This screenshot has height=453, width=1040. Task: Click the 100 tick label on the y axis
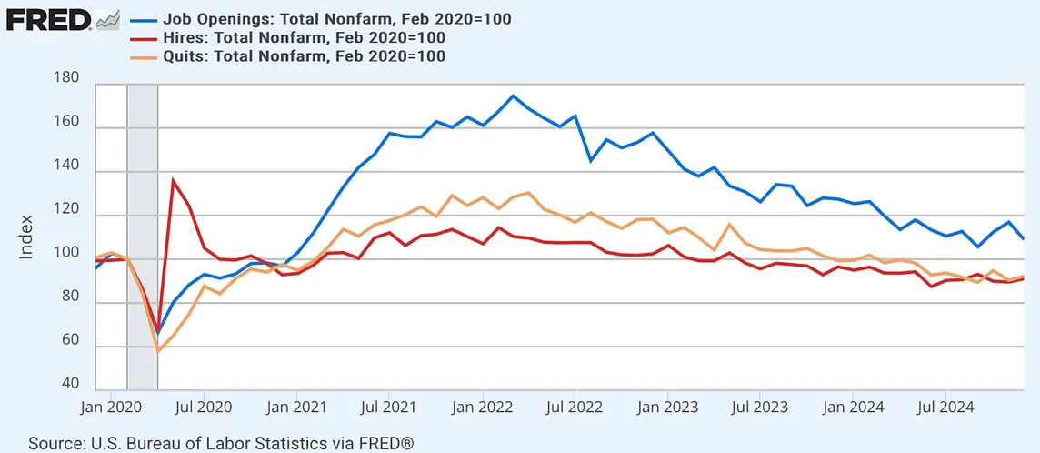point(69,259)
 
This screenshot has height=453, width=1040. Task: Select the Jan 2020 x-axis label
point(110,408)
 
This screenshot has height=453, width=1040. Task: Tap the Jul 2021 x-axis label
point(389,408)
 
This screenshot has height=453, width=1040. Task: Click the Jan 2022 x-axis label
point(483,408)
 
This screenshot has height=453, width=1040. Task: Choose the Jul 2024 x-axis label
point(945,408)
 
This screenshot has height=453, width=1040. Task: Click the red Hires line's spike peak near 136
point(173,179)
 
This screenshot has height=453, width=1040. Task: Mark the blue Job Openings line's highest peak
point(514,96)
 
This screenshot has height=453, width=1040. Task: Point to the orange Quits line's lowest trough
point(158,351)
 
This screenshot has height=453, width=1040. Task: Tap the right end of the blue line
point(1024,238)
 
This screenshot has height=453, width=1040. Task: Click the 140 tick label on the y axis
point(69,172)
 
